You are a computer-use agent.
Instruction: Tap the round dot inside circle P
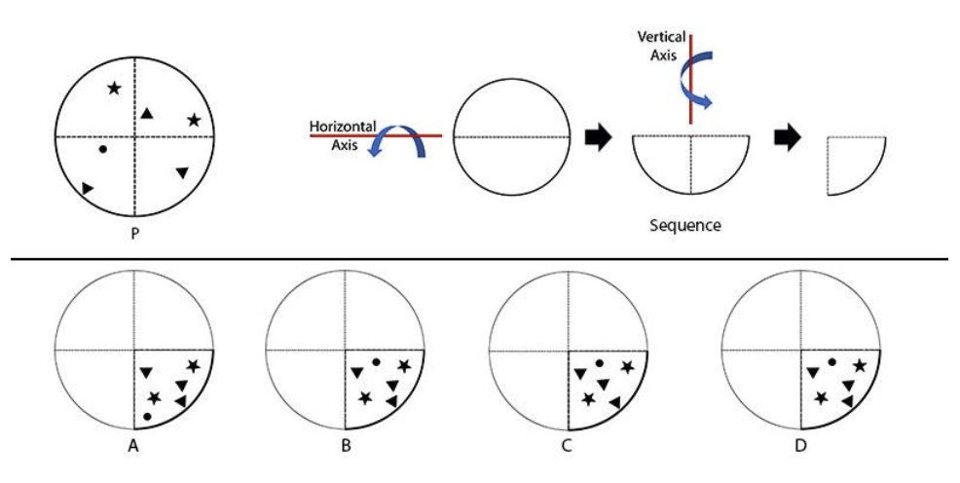103,151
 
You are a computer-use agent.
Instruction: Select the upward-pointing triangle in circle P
146,114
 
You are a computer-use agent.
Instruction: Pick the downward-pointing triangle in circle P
182,173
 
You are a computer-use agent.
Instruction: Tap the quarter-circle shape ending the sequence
853,164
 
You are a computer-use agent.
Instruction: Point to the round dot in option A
147,416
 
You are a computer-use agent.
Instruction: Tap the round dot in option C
600,364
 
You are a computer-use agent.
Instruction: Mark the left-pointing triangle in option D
848,401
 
